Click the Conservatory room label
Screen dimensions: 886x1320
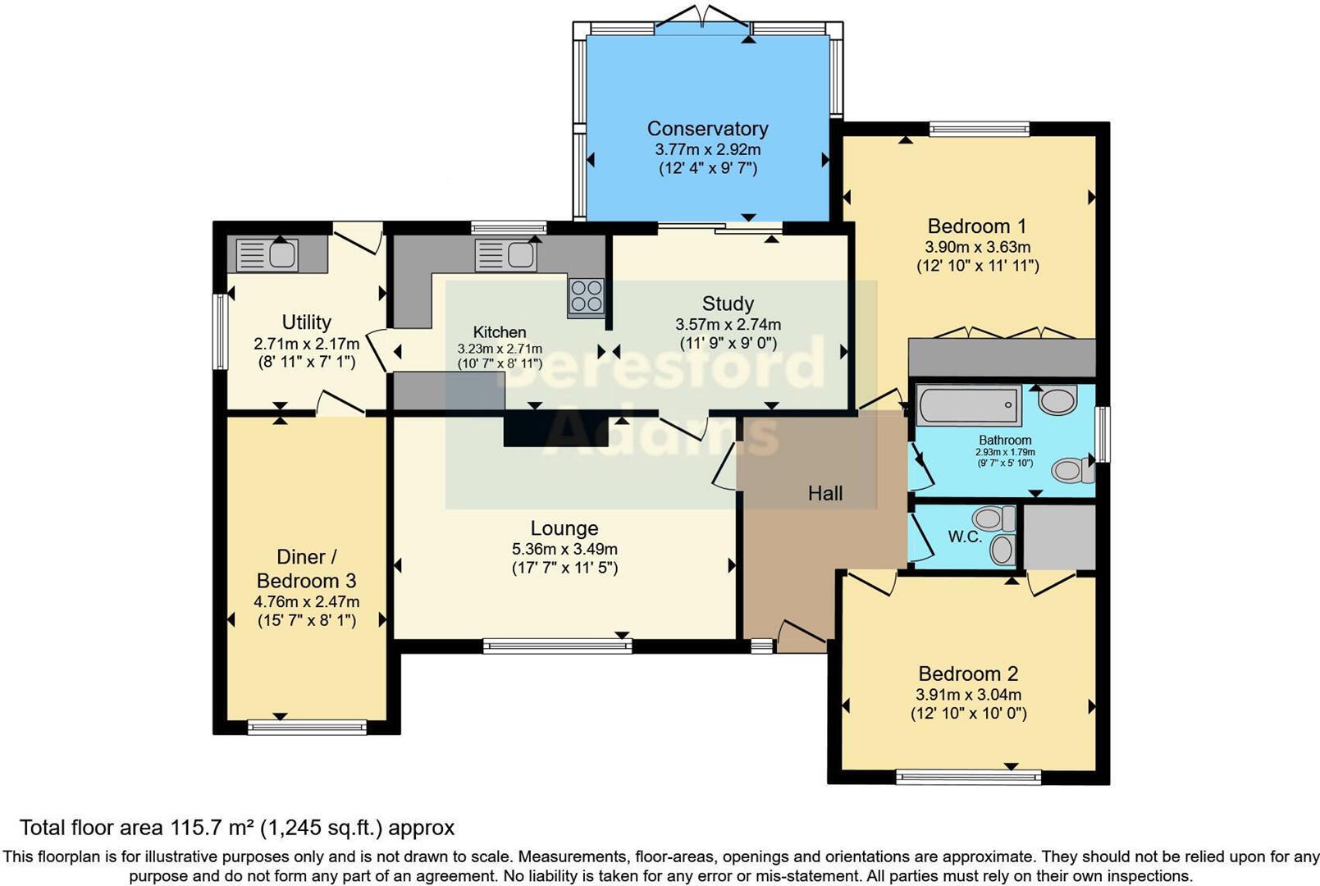(x=707, y=129)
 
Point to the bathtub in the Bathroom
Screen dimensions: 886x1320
(x=968, y=405)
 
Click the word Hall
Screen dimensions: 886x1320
(x=824, y=493)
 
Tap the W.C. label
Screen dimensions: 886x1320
(x=964, y=537)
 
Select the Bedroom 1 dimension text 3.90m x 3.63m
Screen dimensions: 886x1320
(x=977, y=247)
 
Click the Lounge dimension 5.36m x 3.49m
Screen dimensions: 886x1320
(x=564, y=549)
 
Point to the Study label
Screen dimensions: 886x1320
(x=728, y=304)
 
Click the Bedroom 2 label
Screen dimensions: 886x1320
(x=968, y=674)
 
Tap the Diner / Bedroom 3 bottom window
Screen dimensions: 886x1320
(x=307, y=727)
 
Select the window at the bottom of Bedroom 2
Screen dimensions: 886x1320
(x=968, y=777)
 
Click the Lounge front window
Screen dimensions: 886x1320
(x=558, y=646)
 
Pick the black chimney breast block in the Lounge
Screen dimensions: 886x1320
(x=556, y=430)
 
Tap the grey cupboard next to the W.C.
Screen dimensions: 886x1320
(x=1059, y=537)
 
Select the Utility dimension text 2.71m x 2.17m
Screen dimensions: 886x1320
(x=306, y=344)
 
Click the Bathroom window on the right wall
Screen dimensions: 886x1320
(x=1103, y=434)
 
